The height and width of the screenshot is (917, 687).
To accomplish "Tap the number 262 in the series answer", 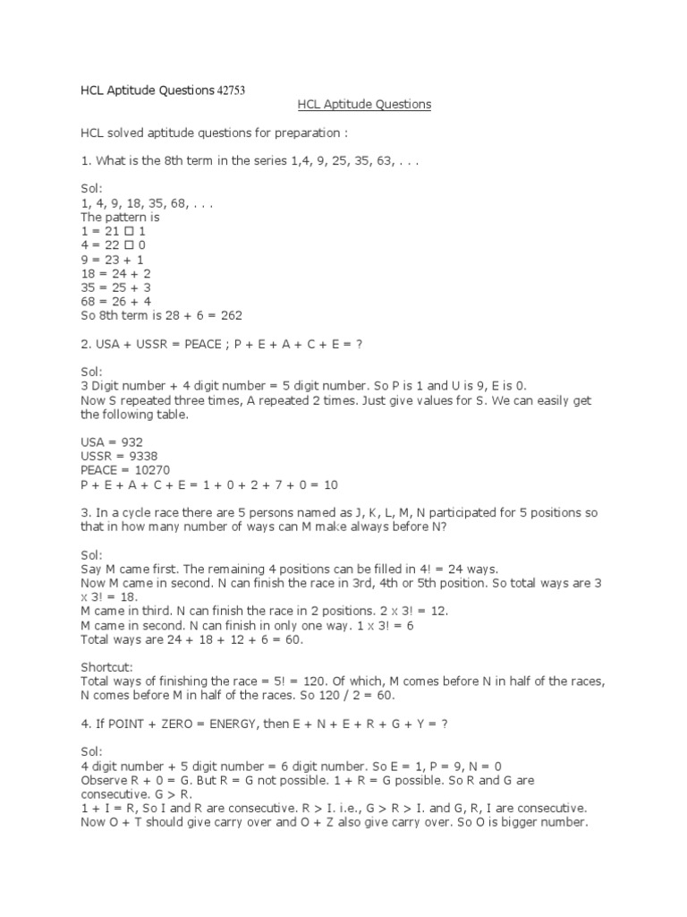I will (x=230, y=315).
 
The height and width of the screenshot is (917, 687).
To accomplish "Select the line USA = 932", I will (x=112, y=441).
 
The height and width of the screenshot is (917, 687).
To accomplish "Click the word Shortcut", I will (x=106, y=667).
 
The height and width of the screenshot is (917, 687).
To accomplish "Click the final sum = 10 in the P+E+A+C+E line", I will (x=325, y=484).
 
